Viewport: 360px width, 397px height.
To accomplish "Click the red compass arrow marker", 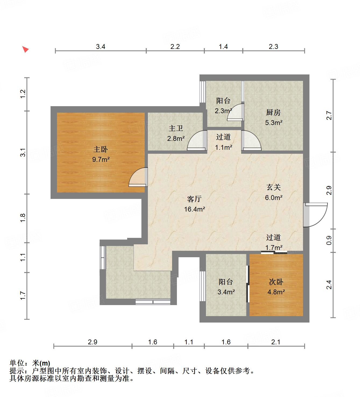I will pyautogui.click(x=25, y=49).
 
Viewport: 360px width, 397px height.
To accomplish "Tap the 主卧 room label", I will pyautogui.click(x=101, y=149).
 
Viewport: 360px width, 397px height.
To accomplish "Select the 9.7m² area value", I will pyautogui.click(x=101, y=159).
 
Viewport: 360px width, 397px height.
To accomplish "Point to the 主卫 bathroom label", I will pyautogui.click(x=176, y=128).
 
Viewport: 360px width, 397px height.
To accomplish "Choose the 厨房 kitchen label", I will pyautogui.click(x=273, y=112).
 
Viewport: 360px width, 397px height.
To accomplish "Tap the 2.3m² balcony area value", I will pyautogui.click(x=223, y=111).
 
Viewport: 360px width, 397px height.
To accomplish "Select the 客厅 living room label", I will pyautogui.click(x=194, y=199).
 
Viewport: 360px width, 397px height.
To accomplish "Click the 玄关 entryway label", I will pyautogui.click(x=273, y=187).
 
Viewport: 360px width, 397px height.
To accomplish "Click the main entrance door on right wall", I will pyautogui.click(x=315, y=215).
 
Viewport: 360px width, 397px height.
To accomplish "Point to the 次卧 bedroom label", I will pyautogui.click(x=276, y=282).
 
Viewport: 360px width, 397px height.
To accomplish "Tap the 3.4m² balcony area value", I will pyautogui.click(x=226, y=292).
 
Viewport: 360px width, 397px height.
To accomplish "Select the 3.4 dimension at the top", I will pyautogui.click(x=101, y=47).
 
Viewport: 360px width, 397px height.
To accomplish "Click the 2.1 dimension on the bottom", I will pyautogui.click(x=276, y=342).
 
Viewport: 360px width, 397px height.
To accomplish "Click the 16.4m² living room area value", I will pyautogui.click(x=194, y=209).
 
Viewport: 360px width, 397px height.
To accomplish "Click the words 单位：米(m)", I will pyautogui.click(x=30, y=363).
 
